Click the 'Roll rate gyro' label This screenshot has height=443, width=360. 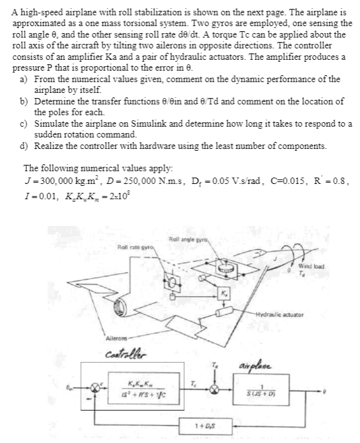point(134,245)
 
